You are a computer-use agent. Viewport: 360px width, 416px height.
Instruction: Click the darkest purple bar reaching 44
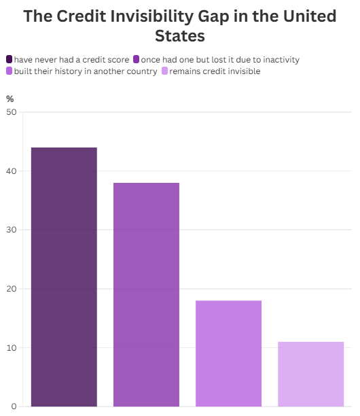point(64,277)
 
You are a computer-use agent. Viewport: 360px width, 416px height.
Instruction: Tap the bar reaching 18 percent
point(228,353)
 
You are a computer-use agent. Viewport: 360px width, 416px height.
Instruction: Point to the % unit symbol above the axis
point(10,99)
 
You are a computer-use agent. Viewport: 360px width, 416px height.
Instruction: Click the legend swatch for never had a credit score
point(10,60)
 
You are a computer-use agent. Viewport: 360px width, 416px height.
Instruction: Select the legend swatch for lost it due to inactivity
point(137,60)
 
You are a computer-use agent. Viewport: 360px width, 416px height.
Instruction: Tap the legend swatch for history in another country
point(10,71)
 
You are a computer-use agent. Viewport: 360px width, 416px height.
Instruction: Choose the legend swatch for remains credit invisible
point(164,71)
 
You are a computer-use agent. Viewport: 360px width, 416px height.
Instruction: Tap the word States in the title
point(180,35)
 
